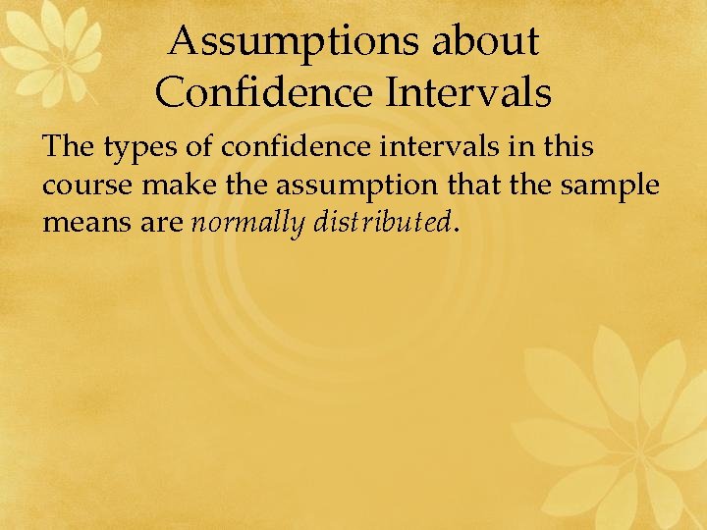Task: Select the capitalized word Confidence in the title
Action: tap(264, 93)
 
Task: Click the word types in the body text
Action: tap(135, 148)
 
